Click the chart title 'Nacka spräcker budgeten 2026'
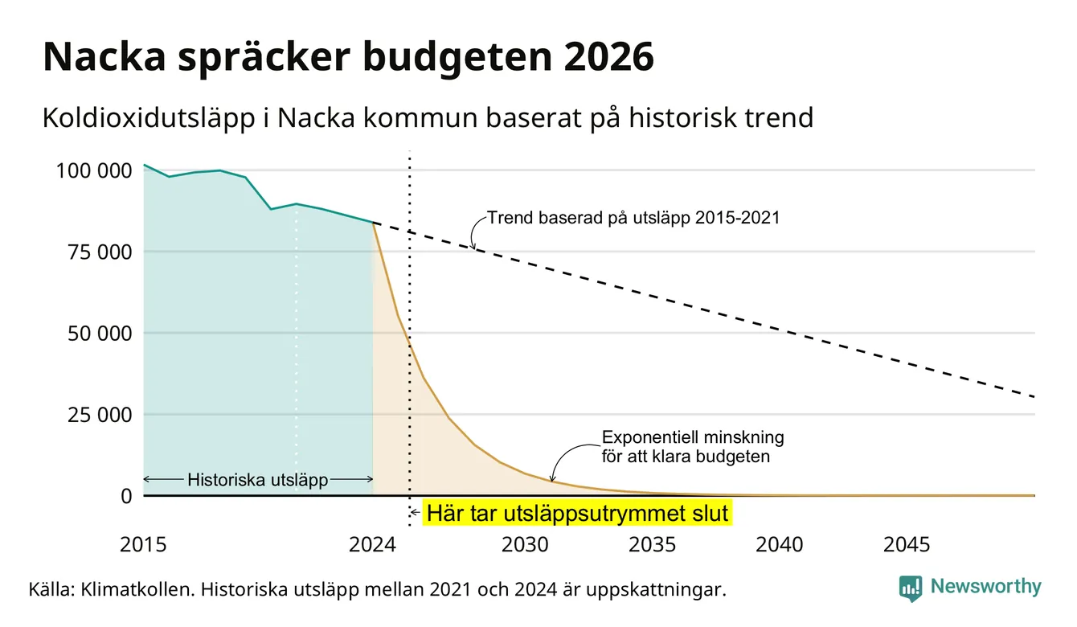point(348,57)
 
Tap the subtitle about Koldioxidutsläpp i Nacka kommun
point(428,118)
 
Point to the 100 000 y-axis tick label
point(94,170)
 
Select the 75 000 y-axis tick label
point(100,252)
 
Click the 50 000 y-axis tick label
point(100,334)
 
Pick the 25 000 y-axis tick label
point(100,415)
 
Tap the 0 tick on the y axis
point(126,496)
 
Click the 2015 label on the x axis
point(143,545)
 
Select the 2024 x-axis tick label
point(372,545)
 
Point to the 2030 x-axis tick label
point(525,545)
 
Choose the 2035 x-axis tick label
point(653,545)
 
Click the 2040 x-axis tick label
point(780,545)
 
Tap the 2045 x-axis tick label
point(907,545)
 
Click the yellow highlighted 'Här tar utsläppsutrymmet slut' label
point(577,513)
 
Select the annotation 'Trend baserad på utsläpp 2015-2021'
point(633,218)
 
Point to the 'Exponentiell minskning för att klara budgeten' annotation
point(693,447)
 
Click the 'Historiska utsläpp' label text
point(258,479)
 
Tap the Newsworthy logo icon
point(911,588)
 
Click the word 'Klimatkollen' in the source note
point(137,589)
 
